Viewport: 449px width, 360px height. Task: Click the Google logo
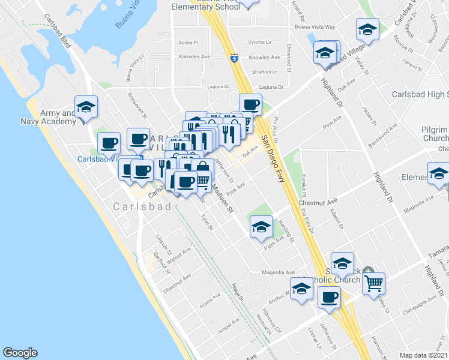point(20,353)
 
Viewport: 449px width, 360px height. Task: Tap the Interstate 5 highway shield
point(234,58)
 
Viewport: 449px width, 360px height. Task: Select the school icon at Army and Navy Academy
point(86,107)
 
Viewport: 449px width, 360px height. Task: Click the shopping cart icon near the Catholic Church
point(373,281)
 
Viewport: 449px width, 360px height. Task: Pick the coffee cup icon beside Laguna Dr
point(250,104)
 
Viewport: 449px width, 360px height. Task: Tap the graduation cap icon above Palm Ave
point(261,227)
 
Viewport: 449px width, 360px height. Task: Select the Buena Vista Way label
point(314,28)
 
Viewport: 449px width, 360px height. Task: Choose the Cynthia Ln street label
point(260,43)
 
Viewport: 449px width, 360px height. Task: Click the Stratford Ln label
point(265,72)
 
